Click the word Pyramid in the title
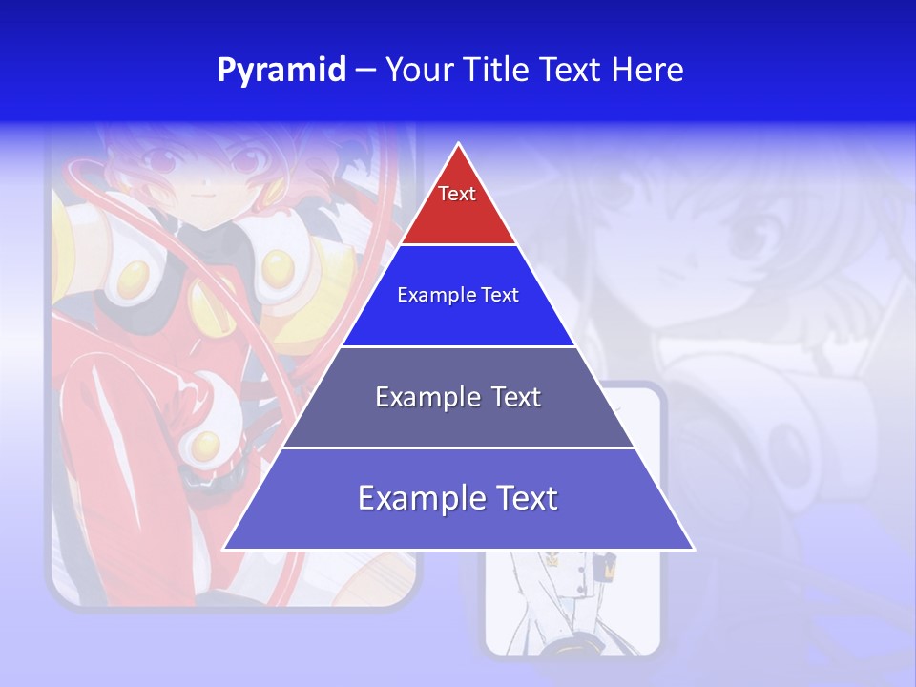pos(281,71)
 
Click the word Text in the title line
pos(573,71)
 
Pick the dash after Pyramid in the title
pos(365,71)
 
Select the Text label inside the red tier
pos(457,194)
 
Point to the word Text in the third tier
pos(516,397)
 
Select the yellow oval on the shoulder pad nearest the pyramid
pos(278,269)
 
